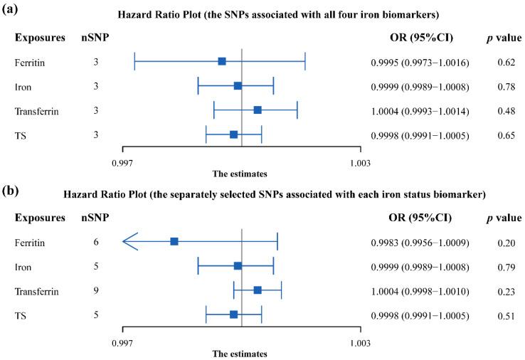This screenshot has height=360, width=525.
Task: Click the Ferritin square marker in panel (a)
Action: pos(222,62)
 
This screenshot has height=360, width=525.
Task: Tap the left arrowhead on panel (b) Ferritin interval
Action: pos(125,242)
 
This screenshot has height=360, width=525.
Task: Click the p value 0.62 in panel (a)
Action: pos(506,63)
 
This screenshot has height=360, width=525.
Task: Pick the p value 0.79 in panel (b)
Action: pos(506,267)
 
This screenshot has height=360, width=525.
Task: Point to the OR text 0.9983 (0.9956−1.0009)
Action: pos(419,243)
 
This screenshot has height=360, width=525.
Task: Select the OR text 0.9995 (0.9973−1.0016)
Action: pos(419,63)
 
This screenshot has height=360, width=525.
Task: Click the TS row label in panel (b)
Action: pos(21,314)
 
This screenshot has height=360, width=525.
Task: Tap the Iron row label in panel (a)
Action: pos(25,87)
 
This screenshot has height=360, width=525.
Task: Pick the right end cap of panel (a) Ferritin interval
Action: pos(305,62)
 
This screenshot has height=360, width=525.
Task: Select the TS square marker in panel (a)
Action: pos(233,134)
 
